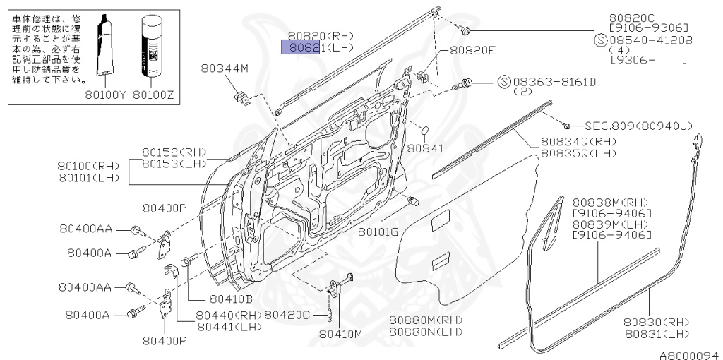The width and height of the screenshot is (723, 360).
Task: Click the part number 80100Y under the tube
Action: tap(106, 93)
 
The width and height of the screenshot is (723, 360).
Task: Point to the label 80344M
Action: tap(225, 68)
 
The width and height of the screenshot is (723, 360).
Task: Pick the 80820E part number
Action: tap(473, 50)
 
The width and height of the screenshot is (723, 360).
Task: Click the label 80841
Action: tap(425, 149)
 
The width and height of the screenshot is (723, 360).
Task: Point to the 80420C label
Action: tap(287, 315)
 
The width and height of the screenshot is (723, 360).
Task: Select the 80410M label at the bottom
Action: tap(340, 333)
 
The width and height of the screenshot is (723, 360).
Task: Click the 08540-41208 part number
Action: tap(649, 41)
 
